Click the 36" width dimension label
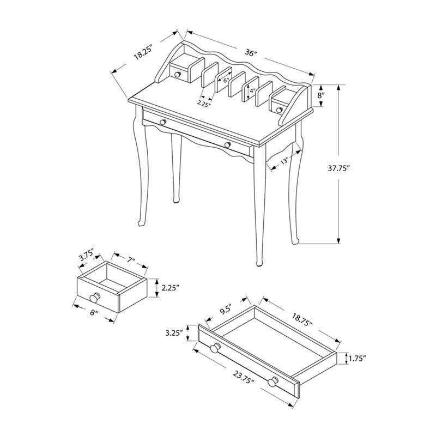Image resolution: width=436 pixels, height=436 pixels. (251, 53)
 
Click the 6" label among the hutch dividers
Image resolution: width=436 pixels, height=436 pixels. (225, 80)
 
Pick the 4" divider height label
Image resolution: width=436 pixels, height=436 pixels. (252, 92)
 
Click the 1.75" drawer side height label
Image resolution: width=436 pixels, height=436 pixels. (356, 359)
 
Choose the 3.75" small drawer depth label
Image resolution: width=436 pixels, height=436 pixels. (86, 256)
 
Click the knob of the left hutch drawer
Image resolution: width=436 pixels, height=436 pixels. (177, 74)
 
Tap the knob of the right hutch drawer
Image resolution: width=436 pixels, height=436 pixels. (280, 110)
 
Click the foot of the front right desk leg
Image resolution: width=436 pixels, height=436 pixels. (258, 264)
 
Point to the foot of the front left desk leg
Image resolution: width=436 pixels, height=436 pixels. (140, 224)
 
